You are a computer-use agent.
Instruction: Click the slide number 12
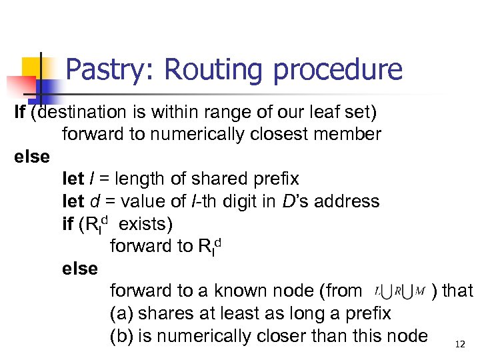tap(459, 344)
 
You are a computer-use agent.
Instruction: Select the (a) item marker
tap(121, 313)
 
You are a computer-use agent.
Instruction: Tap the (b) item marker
tap(121, 335)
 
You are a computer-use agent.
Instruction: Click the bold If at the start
tap(20, 111)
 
